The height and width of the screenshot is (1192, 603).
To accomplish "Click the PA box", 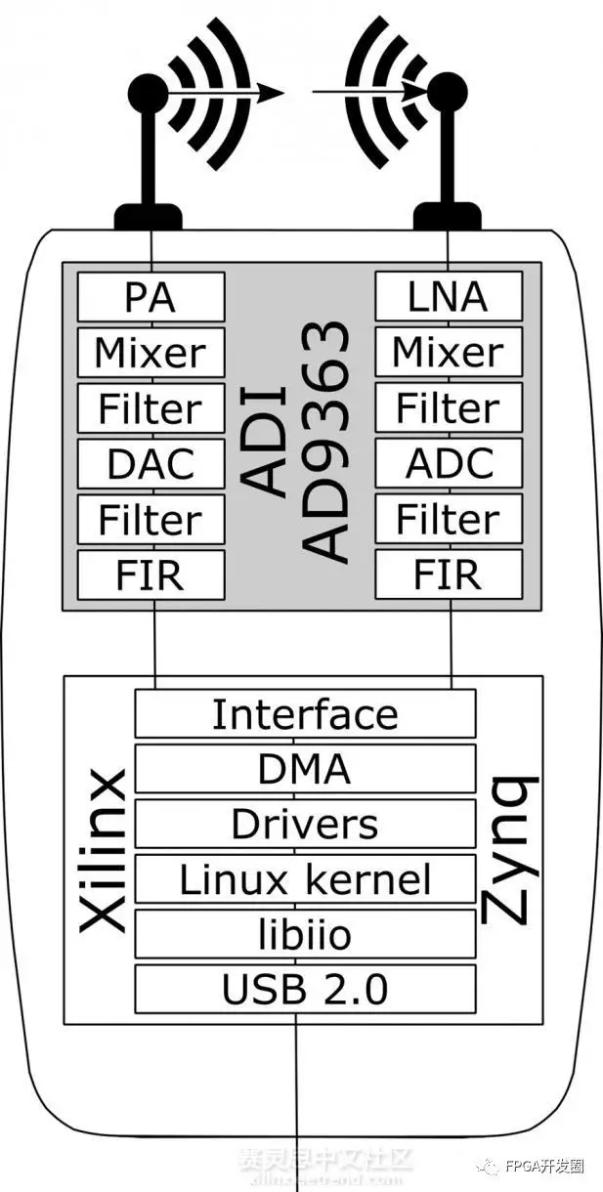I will pyautogui.click(x=151, y=296).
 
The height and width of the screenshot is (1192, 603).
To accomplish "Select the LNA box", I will pyautogui.click(x=449, y=296).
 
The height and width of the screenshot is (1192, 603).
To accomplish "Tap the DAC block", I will pyautogui.click(x=151, y=464).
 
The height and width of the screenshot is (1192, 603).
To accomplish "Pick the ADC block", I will pyautogui.click(x=449, y=464).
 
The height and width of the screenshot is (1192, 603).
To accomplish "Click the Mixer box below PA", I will pyautogui.click(x=151, y=352).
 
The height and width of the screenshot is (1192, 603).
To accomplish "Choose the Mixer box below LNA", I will pyautogui.click(x=449, y=352).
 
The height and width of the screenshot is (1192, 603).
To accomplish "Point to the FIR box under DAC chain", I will pyautogui.click(x=151, y=575).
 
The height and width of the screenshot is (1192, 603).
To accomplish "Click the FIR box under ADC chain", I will pyautogui.click(x=449, y=575).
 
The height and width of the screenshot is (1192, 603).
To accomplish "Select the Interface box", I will pyautogui.click(x=305, y=714).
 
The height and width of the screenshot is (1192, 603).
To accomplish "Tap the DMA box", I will pyautogui.click(x=305, y=769).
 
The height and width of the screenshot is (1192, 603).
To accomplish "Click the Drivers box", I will pyautogui.click(x=305, y=825).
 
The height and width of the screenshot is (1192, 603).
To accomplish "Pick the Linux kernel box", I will pyautogui.click(x=305, y=879).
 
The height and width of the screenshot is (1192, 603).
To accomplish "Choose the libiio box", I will pyautogui.click(x=305, y=935).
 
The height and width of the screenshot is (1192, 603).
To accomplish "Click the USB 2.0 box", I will pyautogui.click(x=305, y=990).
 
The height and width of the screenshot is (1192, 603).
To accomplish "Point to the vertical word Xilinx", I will pyautogui.click(x=102, y=850).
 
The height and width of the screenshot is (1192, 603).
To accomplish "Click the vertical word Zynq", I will pyautogui.click(x=509, y=850).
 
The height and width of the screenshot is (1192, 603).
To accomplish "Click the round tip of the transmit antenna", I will pyautogui.click(x=148, y=93).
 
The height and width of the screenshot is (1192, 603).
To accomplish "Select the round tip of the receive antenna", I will pyautogui.click(x=448, y=93).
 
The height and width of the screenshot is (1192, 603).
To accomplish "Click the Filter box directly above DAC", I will pyautogui.click(x=151, y=408).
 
